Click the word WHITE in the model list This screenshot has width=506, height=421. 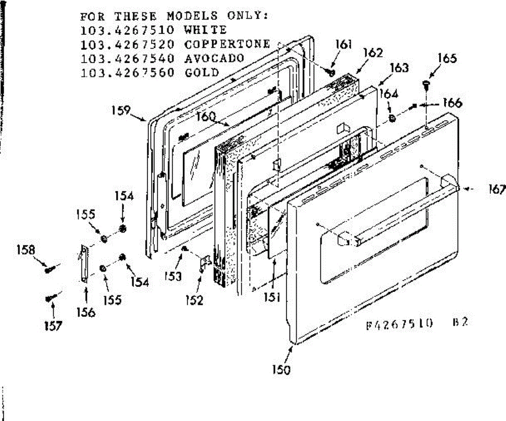(205, 30)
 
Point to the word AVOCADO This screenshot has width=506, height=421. (214, 58)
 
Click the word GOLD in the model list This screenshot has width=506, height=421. (202, 72)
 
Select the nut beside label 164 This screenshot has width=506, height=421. (392, 118)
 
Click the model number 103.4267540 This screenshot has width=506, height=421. (127, 58)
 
